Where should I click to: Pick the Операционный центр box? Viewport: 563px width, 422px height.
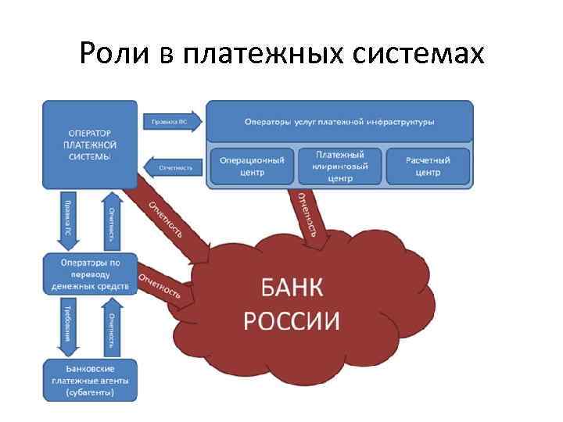click(251, 166)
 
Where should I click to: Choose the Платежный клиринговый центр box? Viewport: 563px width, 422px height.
click(340, 166)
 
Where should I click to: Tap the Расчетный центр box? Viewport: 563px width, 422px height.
click(428, 166)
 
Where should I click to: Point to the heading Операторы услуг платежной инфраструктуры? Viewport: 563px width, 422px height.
click(339, 122)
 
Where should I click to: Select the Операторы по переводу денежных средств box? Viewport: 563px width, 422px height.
click(91, 274)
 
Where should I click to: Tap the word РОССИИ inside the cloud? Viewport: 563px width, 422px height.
click(292, 320)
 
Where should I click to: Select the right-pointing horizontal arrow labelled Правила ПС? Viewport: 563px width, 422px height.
click(172, 121)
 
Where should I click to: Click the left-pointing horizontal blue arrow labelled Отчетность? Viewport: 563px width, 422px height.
click(174, 167)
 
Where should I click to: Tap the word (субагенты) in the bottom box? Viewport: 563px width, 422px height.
click(90, 391)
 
